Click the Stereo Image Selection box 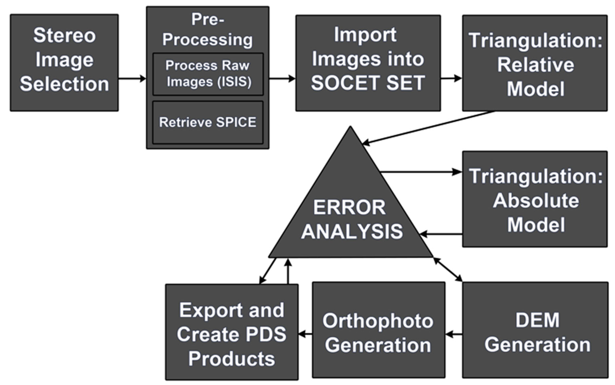click(64, 62)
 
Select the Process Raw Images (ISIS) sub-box click(208, 74)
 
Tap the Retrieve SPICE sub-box click(208, 122)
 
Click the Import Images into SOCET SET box click(368, 63)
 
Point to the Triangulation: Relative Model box click(535, 63)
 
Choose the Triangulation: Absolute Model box click(535, 199)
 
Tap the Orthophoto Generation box click(378, 330)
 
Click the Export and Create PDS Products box click(232, 332)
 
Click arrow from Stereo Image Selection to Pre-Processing click(132, 78)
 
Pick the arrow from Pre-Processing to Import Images click(282, 78)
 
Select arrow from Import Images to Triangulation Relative click(451, 78)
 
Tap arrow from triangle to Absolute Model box click(420, 172)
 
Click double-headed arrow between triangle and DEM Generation click(448, 269)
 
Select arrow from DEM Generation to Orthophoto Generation click(454, 334)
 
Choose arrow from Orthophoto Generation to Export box click(305, 334)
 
